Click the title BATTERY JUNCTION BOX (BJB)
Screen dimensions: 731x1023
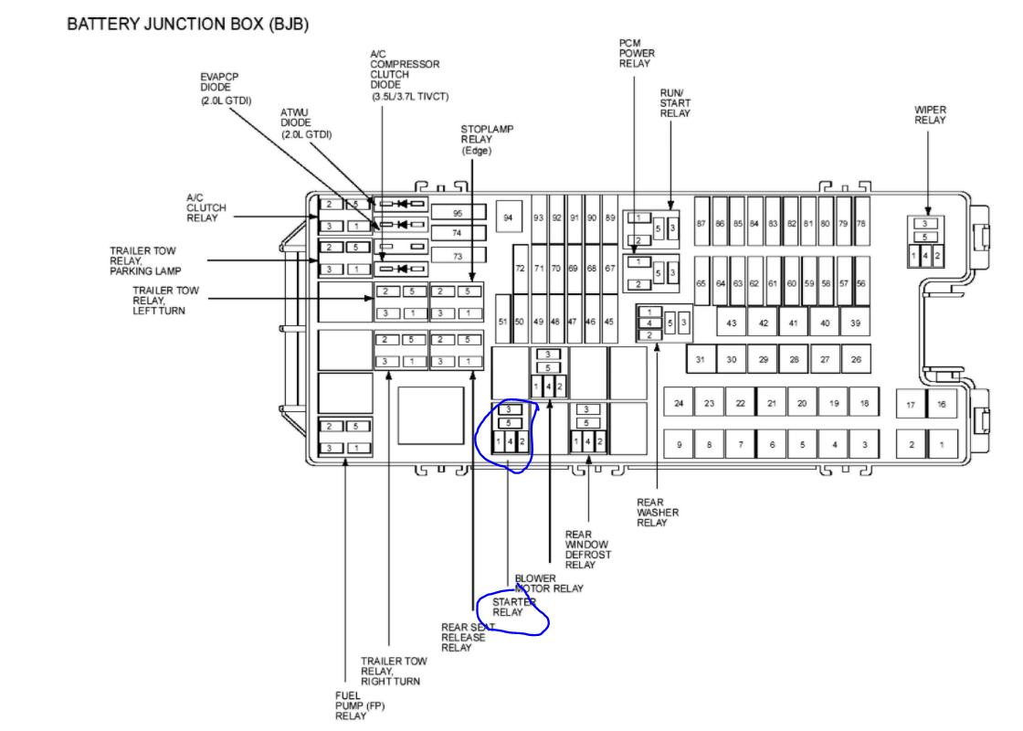coord(187,25)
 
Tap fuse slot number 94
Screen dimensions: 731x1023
coord(508,217)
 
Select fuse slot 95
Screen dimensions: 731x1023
coord(458,212)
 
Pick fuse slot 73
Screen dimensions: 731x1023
coord(458,256)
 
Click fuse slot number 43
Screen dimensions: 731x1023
coord(732,323)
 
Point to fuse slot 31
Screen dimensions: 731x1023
coord(701,360)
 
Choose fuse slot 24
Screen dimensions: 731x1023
coord(679,403)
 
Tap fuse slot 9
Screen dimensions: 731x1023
coord(679,445)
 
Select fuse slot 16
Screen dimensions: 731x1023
coord(942,404)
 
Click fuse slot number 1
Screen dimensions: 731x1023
coord(942,445)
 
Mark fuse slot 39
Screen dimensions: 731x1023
coord(855,323)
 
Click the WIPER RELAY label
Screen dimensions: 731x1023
coord(930,115)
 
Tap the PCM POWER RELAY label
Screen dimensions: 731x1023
coord(637,53)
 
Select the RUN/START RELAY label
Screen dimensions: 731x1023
coord(675,102)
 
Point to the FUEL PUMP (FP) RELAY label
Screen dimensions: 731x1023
coord(352,705)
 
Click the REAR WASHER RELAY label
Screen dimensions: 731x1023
coord(658,512)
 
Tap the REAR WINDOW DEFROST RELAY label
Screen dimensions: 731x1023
coord(588,549)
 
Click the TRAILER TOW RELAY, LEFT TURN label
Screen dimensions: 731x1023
coord(165,301)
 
